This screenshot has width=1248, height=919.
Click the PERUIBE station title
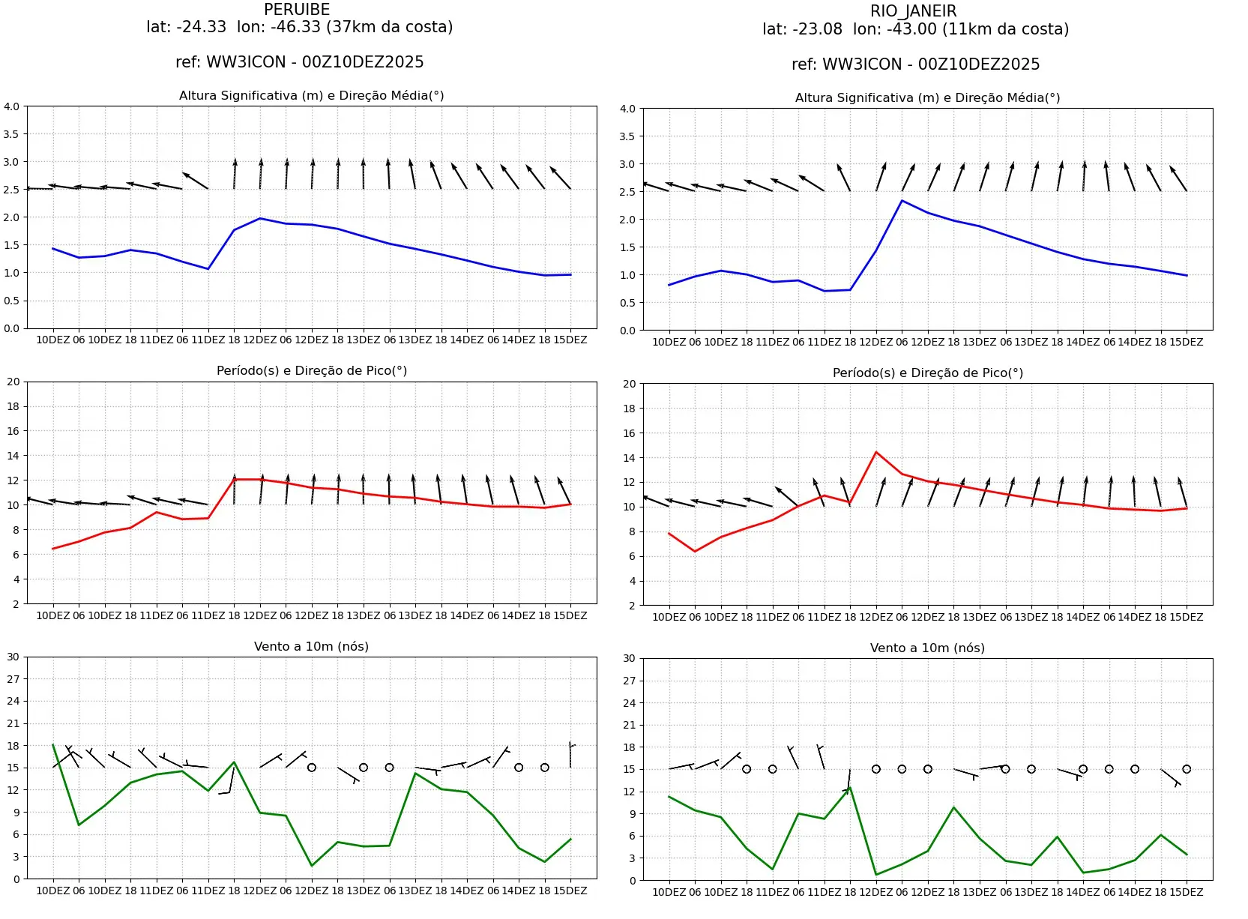click(297, 10)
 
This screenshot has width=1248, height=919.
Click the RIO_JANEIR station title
click(913, 11)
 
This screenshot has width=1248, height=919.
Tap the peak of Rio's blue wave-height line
click(902, 201)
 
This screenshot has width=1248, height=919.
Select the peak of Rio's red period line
click(876, 452)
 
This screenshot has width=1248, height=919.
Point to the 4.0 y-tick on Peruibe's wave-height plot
click(11, 106)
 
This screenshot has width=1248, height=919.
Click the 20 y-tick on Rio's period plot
click(629, 384)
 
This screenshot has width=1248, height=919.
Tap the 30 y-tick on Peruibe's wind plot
click(13, 657)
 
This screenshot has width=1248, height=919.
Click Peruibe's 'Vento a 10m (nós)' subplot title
click(311, 646)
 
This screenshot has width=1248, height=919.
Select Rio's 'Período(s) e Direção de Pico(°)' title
click(927, 373)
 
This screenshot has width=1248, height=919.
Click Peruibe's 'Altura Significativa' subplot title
click(311, 95)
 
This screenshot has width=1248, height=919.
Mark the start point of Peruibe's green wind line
click(53, 744)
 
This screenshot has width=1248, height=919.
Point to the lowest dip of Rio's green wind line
click(876, 875)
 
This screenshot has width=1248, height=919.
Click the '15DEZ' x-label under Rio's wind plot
click(1187, 892)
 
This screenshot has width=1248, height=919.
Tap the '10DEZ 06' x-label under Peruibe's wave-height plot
click(61, 340)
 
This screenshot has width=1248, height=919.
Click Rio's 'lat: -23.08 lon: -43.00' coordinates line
click(915, 29)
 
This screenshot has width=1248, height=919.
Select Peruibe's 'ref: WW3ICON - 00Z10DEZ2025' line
click(299, 62)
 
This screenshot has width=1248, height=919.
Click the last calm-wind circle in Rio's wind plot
click(1187, 769)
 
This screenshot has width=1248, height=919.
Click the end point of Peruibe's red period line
click(570, 504)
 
